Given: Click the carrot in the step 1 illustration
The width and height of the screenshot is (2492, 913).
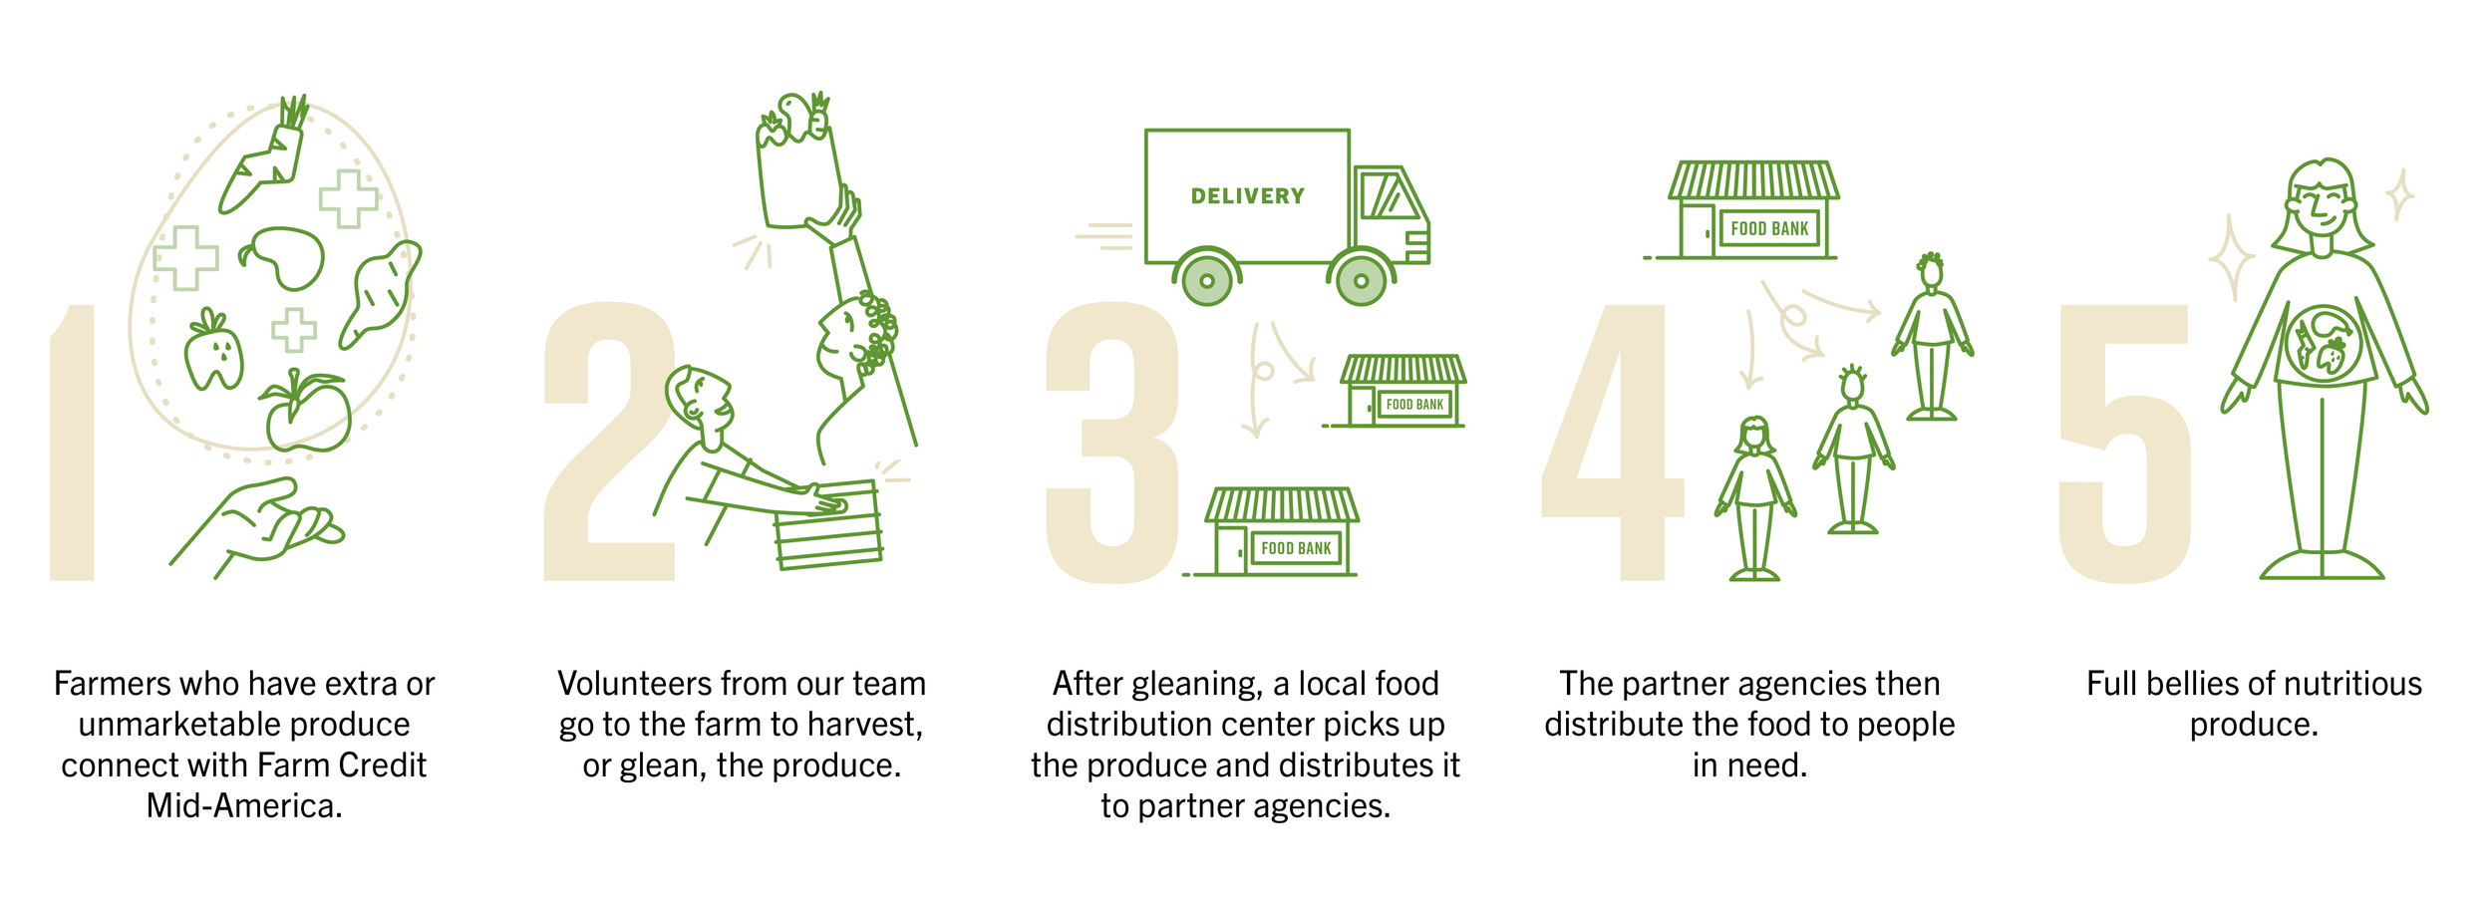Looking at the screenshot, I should coord(265,164).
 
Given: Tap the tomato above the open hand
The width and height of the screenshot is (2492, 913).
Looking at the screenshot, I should coord(309,414).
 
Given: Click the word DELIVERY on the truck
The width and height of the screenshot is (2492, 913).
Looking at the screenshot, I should coord(1247,196).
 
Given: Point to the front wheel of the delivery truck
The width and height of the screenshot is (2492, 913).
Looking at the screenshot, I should coord(1361,281).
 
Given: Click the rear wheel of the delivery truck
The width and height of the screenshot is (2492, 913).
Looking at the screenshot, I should coord(1207,281).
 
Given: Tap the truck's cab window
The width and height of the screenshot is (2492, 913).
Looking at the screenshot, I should coord(1390,195).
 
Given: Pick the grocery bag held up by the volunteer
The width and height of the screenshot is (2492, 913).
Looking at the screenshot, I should coord(797,179).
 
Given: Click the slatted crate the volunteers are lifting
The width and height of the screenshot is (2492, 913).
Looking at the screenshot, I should coord(828,528).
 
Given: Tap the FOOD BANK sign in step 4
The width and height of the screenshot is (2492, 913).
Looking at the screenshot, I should coord(1769,228).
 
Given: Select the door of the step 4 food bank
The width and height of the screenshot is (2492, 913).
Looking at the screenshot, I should coord(1698,231).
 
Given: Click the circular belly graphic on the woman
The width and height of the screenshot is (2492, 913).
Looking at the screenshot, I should coord(2323,345).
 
